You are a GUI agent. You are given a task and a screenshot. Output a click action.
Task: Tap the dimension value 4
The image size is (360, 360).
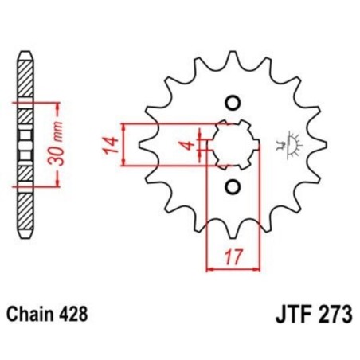click(184, 145)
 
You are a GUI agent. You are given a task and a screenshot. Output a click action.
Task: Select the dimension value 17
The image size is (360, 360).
click(231, 258)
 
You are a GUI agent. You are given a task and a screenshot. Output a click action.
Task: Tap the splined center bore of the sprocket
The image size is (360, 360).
click(232, 145)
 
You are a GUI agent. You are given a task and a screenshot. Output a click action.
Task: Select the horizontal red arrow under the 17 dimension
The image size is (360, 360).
click(231, 270)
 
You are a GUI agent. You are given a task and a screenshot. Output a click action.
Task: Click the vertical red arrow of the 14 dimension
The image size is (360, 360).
click(124, 145)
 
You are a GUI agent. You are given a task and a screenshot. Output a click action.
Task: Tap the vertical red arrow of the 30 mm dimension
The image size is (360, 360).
click(57, 144)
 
